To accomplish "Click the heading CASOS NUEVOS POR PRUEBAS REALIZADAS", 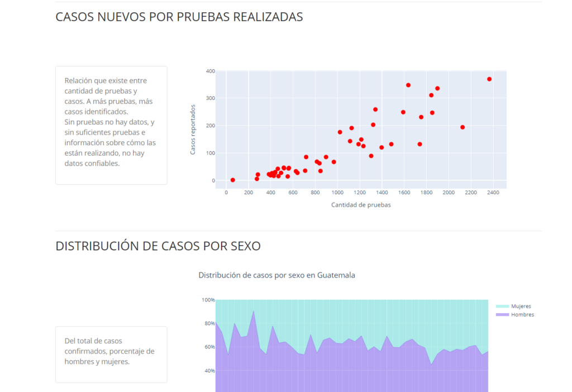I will pyautogui.click(x=179, y=17).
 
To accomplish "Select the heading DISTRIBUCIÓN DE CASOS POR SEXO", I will pyautogui.click(x=158, y=246).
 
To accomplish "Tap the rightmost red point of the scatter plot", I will pyautogui.click(x=489, y=79).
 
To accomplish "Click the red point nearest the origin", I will pyautogui.click(x=233, y=180).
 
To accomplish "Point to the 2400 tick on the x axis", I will pyautogui.click(x=493, y=192).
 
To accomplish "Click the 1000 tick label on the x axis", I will pyautogui.click(x=337, y=192).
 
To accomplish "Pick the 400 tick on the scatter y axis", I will pyautogui.click(x=210, y=71).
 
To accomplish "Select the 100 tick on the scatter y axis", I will pyautogui.click(x=210, y=153).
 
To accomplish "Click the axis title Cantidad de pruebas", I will pyautogui.click(x=361, y=205).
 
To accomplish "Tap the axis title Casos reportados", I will pyautogui.click(x=193, y=129).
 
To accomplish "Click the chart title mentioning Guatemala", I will pyautogui.click(x=277, y=275).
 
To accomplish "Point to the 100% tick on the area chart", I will pyautogui.click(x=208, y=300).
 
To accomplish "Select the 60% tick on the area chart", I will pyautogui.click(x=208, y=347).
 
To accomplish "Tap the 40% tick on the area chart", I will pyautogui.click(x=208, y=371).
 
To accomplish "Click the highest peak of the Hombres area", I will pyautogui.click(x=254, y=311).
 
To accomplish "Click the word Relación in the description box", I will pyautogui.click(x=79, y=81).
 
